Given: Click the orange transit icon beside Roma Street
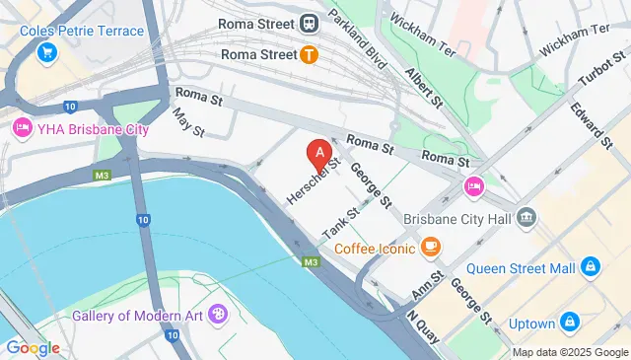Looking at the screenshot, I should pyautogui.click(x=310, y=54).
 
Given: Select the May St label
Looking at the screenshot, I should pyautogui.click(x=186, y=122).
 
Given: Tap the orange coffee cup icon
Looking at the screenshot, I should pyautogui.click(x=430, y=247).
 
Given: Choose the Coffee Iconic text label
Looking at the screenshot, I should pyautogui.click(x=375, y=248).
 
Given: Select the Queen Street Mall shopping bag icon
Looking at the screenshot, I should pyautogui.click(x=590, y=266).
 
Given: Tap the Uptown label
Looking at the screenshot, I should pyautogui.click(x=532, y=323).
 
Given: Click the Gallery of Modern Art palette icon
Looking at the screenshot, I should pyautogui.click(x=217, y=316).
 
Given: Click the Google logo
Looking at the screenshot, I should pyautogui.click(x=33, y=347).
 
